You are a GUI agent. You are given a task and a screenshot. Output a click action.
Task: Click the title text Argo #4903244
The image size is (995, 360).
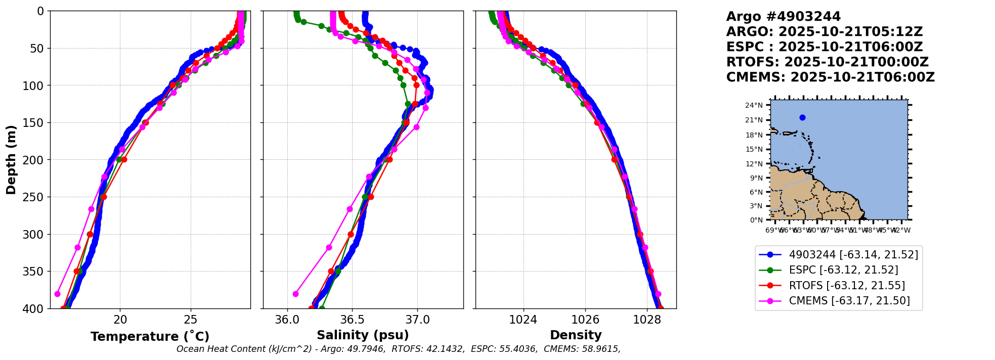coord(783,17)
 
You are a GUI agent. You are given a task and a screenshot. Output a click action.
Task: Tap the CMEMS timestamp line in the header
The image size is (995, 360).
coord(830,77)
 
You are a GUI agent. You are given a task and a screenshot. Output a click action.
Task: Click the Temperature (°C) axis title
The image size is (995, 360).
coord(150,336)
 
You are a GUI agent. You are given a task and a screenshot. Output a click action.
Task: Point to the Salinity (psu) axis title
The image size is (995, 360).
coord(363,335)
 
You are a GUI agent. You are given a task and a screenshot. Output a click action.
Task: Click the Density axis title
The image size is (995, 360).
coord(576,335)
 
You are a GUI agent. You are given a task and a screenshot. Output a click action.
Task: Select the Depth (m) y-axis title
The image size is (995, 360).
coord(11,160)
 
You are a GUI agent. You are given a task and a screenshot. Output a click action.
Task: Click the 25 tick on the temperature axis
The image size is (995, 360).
coord(190,320)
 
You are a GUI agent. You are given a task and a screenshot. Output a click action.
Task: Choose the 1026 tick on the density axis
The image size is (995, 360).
coord(585,320)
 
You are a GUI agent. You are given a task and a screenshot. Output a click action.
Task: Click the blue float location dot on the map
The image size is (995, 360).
coord(802,118)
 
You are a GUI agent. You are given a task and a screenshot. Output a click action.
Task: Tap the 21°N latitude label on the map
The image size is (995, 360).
coord(754,120)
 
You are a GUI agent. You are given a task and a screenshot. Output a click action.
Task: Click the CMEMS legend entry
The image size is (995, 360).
coord(849,301)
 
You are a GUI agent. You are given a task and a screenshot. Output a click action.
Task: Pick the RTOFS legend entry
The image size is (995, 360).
coord(847,286)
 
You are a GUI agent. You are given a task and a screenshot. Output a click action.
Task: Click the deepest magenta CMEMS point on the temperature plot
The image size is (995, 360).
coord(57,294)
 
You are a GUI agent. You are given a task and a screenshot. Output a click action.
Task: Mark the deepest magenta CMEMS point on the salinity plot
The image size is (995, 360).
coord(295,294)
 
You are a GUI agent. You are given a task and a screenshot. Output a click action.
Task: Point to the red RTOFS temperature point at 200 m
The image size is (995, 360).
coord(124,159)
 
